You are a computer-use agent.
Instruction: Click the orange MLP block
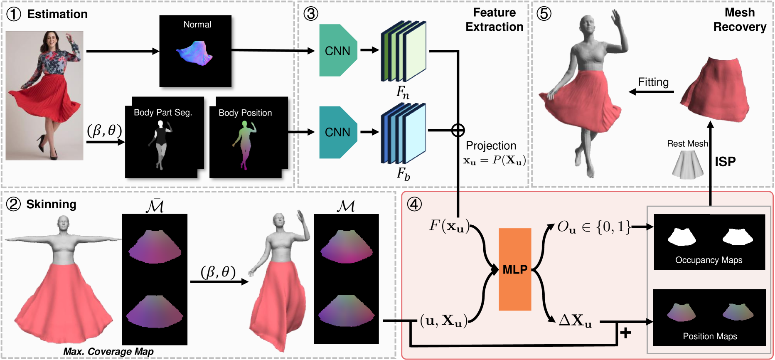[x=515, y=269]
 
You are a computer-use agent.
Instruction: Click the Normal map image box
[x=195, y=51]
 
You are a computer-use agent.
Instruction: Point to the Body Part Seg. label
[x=163, y=113]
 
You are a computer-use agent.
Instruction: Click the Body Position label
[x=245, y=113]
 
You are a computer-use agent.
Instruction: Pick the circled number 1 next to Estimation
[x=14, y=15]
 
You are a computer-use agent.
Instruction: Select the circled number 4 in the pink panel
[x=414, y=204]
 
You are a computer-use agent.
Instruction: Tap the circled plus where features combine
[x=458, y=131]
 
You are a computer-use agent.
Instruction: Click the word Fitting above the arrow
[x=653, y=82]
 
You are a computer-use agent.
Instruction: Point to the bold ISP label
[x=725, y=161]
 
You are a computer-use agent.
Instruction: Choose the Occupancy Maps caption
[x=709, y=260]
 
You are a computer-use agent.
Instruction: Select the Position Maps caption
[x=710, y=336]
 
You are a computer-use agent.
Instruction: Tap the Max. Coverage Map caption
[x=108, y=352]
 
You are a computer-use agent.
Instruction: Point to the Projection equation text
[x=495, y=160]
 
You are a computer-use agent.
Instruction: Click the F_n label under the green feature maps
[x=403, y=92]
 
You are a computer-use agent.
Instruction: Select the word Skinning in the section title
[x=51, y=205]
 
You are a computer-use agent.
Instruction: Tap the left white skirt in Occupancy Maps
[x=682, y=237]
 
